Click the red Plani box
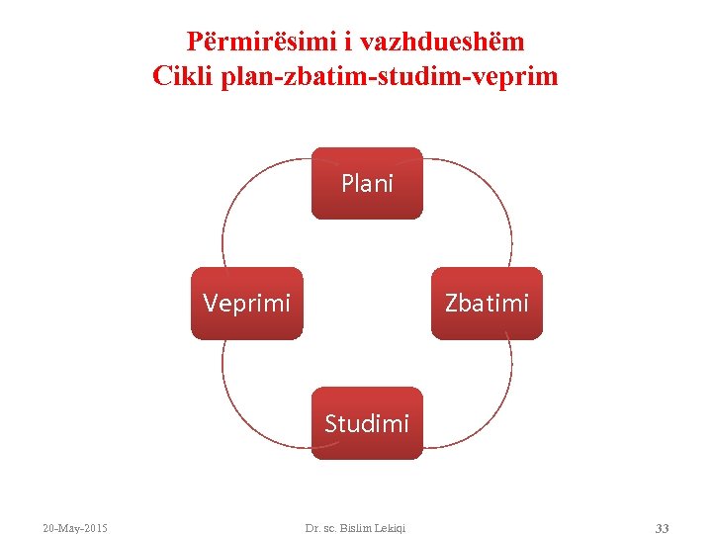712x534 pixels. point(367,183)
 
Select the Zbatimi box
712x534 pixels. point(487,303)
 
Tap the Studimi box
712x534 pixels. point(367,423)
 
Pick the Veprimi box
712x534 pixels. point(246,303)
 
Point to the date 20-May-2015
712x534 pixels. point(75,528)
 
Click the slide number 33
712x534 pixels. point(662,528)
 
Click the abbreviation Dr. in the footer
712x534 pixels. point(312,528)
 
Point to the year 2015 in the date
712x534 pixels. point(95,528)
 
